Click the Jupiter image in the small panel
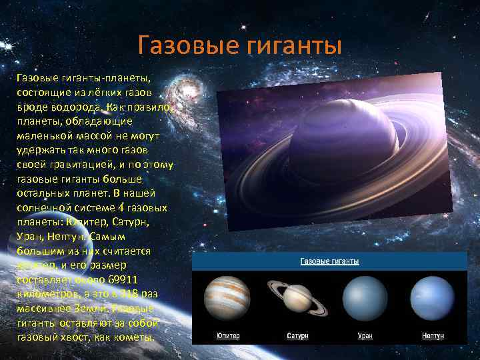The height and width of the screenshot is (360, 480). [x=227, y=297]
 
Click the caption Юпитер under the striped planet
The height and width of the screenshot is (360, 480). [x=227, y=335]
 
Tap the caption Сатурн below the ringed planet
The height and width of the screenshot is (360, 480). [x=297, y=335]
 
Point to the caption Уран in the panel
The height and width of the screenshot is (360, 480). [x=363, y=335]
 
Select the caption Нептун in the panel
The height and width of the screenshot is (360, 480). [x=433, y=335]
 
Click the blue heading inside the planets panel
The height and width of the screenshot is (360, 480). [x=330, y=261]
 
